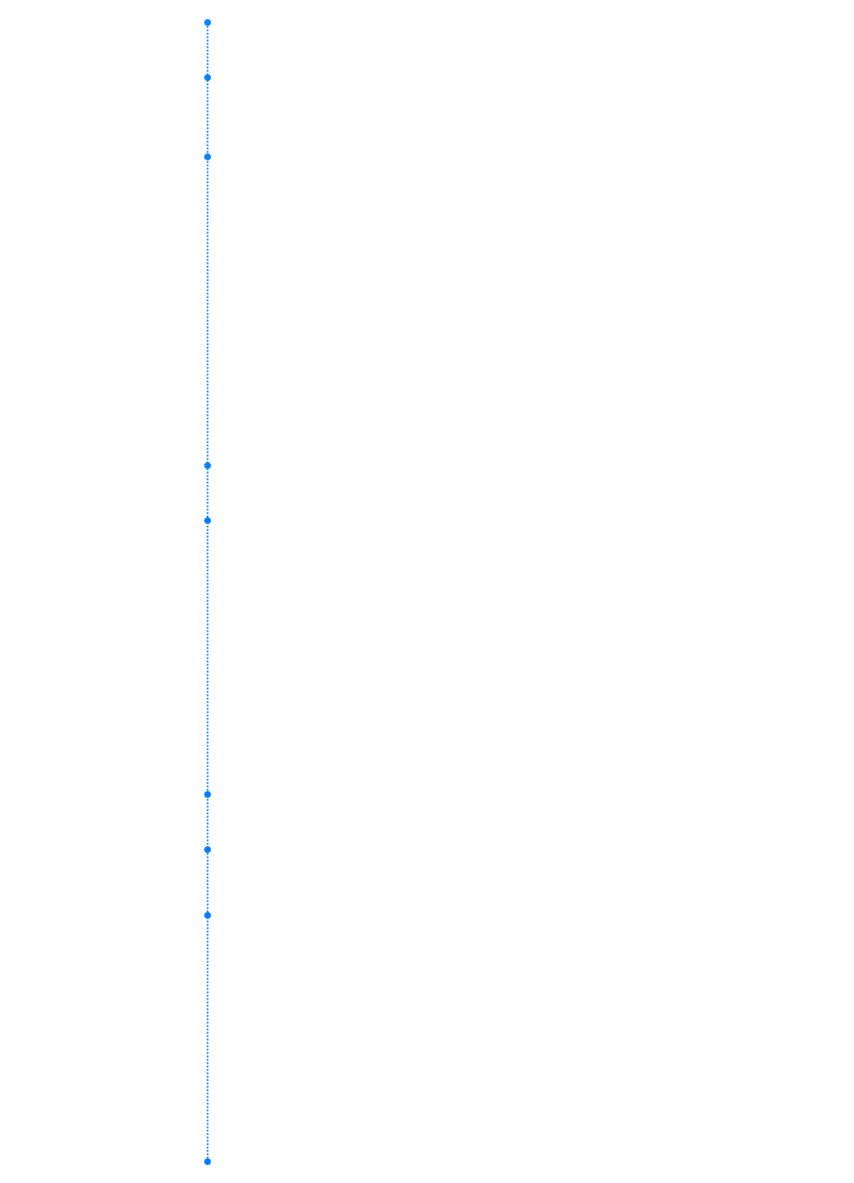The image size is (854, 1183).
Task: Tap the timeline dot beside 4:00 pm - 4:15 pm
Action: (x=208, y=850)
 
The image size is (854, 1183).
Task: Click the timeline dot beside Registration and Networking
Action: (x=208, y=23)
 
